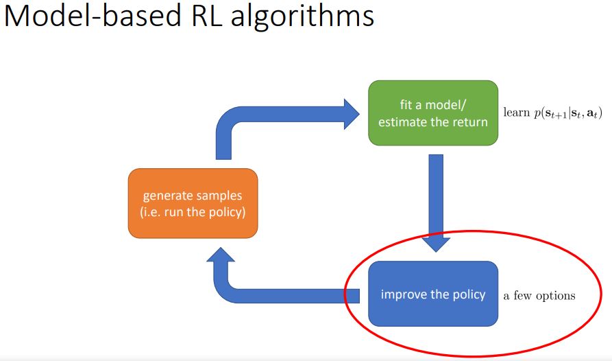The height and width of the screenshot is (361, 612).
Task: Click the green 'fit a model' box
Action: pyautogui.click(x=432, y=113)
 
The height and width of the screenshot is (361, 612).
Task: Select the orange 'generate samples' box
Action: pyautogui.click(x=193, y=204)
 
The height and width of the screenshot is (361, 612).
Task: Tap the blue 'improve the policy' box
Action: pyautogui.click(x=432, y=294)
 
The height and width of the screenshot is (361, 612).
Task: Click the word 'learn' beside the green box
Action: pyautogui.click(x=517, y=112)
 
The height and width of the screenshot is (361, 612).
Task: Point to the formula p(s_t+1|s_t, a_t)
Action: pyautogui.click(x=568, y=113)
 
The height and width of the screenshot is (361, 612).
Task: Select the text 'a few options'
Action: pyautogui.click(x=539, y=296)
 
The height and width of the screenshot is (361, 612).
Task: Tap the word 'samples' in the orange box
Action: pyautogui.click(x=218, y=197)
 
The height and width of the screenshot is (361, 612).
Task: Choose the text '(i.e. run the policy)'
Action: pyautogui.click(x=193, y=212)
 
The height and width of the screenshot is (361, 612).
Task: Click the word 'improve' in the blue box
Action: pyautogui.click(x=404, y=294)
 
